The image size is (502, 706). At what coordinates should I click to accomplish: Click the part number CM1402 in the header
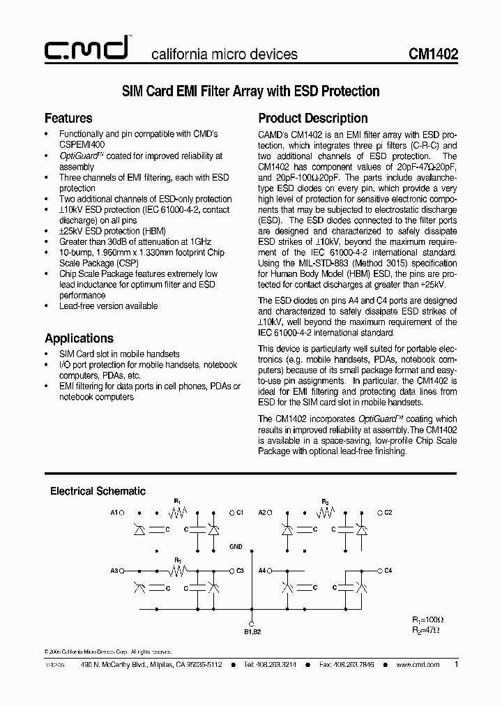(x=433, y=54)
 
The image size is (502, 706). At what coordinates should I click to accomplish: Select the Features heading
(x=68, y=118)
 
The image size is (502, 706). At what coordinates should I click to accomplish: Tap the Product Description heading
(x=313, y=118)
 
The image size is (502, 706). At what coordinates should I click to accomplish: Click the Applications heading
(x=79, y=338)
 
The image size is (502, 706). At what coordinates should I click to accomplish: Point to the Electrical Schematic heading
(x=98, y=491)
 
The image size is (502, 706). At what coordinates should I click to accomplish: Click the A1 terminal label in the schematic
(x=114, y=513)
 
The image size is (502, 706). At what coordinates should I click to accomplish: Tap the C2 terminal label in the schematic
(x=388, y=513)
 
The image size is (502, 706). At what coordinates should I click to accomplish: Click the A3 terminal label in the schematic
(x=114, y=571)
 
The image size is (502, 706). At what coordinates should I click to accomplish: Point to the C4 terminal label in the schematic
(x=388, y=571)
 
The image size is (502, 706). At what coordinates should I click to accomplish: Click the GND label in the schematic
(x=236, y=547)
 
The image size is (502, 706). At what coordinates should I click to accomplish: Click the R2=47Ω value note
(x=425, y=629)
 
